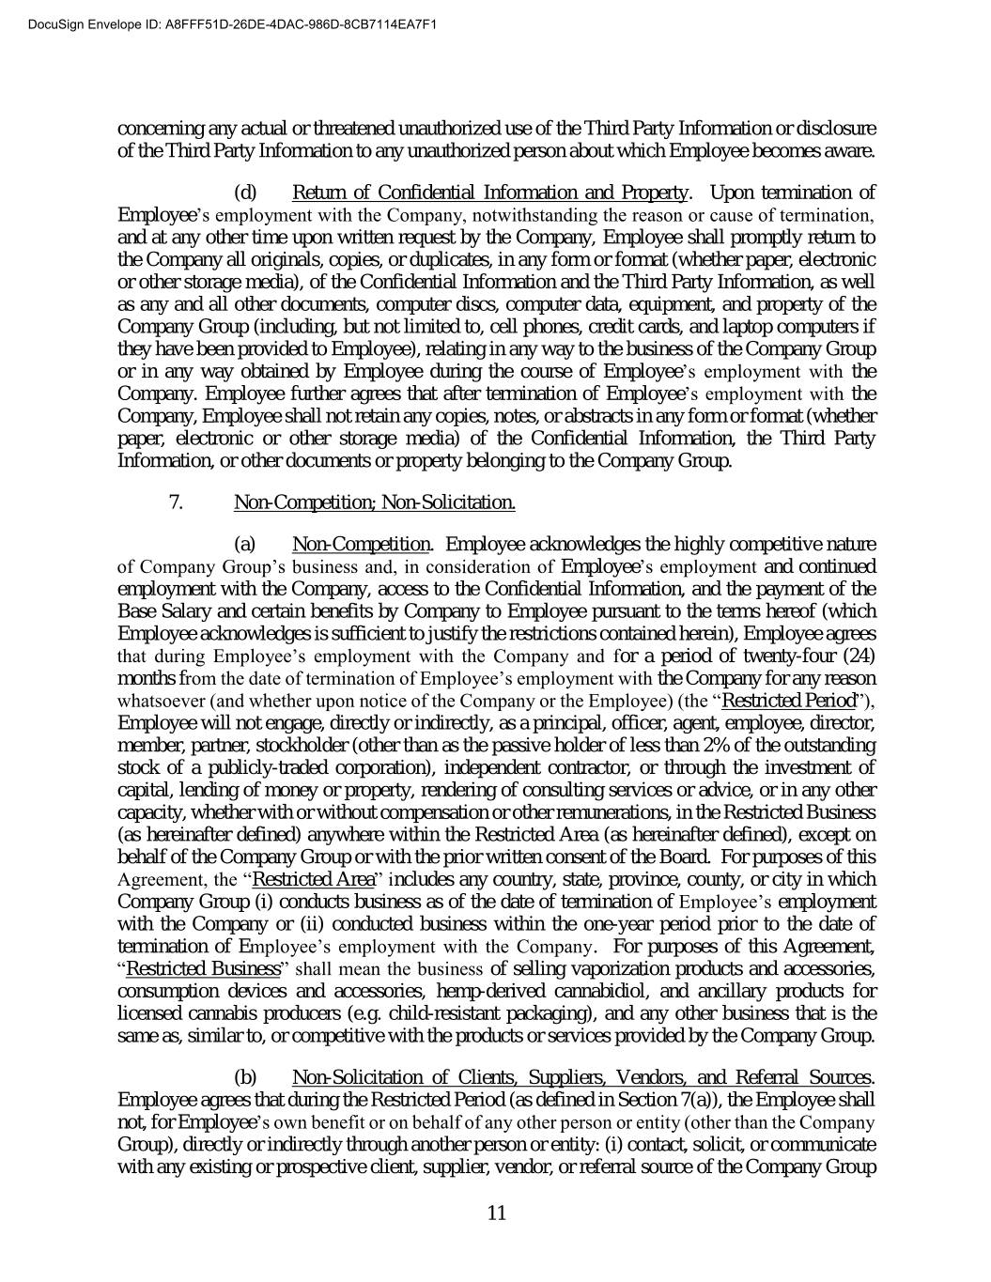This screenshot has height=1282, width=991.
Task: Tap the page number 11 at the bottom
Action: pos(497,1212)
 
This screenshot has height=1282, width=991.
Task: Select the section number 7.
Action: pos(176,502)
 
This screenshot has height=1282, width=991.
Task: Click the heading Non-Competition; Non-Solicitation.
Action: pos(374,502)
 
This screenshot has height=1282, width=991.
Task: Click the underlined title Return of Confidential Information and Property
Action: pos(490,193)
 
